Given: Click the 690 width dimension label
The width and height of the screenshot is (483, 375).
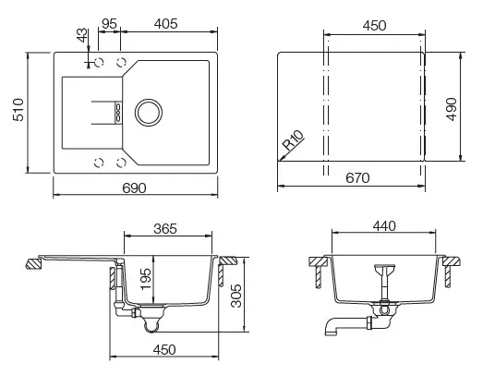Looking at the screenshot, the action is click(x=134, y=187).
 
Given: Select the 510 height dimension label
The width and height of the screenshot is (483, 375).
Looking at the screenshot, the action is click(x=18, y=110).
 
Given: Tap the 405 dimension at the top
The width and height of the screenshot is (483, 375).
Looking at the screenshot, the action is click(x=166, y=24).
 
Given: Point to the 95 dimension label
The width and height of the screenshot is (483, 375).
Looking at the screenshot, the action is click(x=109, y=24).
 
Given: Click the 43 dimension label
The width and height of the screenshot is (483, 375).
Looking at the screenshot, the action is click(x=82, y=35).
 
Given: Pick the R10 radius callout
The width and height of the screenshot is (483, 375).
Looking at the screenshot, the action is click(x=293, y=140).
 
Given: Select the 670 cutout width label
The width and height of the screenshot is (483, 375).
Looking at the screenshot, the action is click(x=357, y=177).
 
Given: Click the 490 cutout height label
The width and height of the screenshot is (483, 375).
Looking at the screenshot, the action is click(x=452, y=109).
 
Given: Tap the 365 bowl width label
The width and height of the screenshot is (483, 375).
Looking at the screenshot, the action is click(x=165, y=229).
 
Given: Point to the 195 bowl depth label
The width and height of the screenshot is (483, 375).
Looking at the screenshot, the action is click(x=146, y=279).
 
